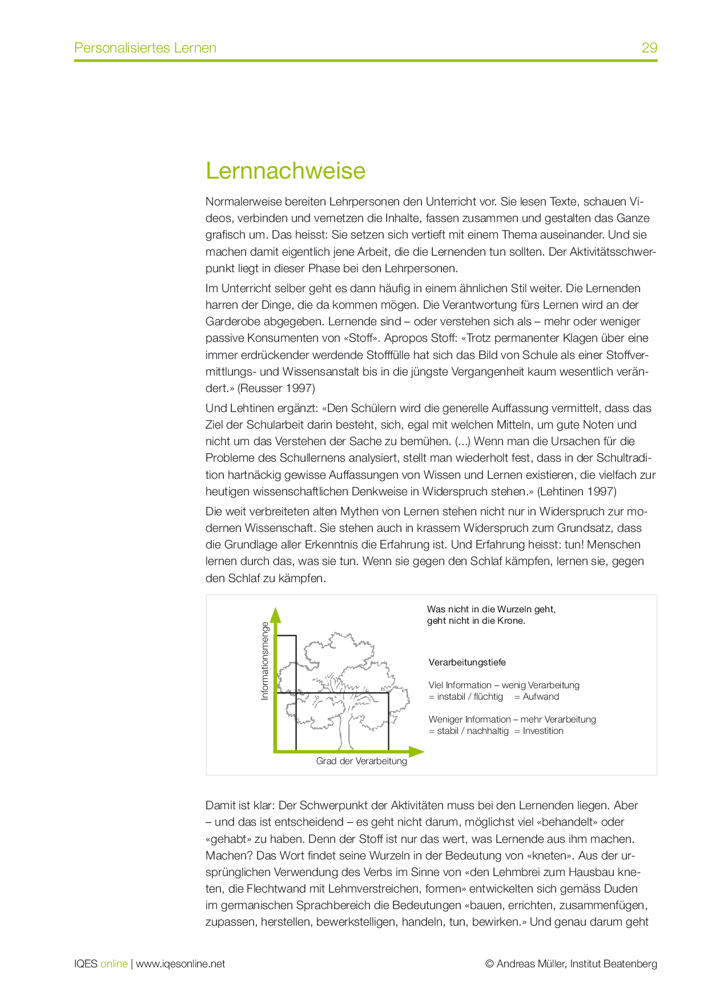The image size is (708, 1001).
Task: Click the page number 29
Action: pos(649,47)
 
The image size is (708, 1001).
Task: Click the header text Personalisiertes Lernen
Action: pos(145,47)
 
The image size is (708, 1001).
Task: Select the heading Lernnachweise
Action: pos(285,171)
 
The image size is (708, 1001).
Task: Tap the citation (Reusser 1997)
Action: pos(276,388)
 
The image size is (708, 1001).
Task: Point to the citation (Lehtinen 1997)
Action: pos(577,491)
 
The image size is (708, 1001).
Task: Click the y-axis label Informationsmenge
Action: pos(264,661)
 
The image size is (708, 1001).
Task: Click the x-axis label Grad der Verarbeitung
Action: pos(361,761)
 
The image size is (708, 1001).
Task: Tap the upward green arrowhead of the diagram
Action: pos(276,615)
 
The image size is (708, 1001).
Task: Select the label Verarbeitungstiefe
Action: pos(467,662)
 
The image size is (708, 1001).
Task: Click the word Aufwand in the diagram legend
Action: pos(541,696)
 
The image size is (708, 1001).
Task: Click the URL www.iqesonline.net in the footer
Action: pos(180,963)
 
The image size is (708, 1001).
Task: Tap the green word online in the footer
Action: pos(114,963)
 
